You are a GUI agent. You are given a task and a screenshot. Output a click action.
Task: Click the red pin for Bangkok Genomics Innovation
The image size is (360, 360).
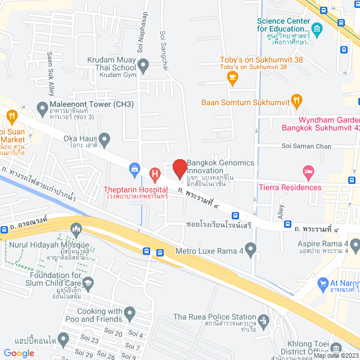click(x=179, y=168)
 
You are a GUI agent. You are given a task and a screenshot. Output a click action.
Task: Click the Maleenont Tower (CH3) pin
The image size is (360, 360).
click(x=42, y=107)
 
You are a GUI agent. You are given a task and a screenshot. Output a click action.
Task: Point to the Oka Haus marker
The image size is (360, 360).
click(x=104, y=138)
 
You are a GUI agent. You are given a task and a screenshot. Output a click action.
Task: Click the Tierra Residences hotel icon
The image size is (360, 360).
click(x=308, y=170)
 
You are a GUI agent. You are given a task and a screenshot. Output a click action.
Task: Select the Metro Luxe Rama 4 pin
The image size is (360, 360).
click(x=251, y=248)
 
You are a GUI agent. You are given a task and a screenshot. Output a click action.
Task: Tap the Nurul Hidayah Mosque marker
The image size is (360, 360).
click(x=76, y=229)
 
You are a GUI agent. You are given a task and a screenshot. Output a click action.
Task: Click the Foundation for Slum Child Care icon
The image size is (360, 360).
click(x=88, y=282)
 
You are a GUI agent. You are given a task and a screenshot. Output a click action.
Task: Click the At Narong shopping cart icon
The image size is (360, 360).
click(x=323, y=283)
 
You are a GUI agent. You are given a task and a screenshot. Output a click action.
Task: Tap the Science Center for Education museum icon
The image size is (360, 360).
click(x=317, y=28)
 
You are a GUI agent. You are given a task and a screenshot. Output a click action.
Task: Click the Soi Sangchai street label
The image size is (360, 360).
click(x=164, y=51)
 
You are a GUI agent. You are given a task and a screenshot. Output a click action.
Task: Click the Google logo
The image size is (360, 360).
click(x=19, y=353)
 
